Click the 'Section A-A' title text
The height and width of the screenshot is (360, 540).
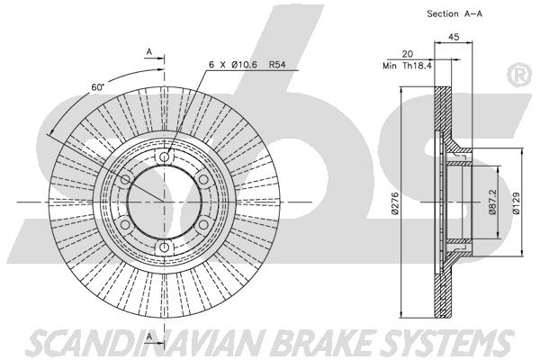point(454,13)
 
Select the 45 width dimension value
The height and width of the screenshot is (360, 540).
point(454,37)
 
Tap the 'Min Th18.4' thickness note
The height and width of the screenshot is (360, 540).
point(407,66)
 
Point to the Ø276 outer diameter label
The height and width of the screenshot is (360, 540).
point(395,203)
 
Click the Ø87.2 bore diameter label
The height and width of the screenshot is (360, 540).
point(492,202)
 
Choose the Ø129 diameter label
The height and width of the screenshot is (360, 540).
point(516,203)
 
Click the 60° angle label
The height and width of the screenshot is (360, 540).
point(98,87)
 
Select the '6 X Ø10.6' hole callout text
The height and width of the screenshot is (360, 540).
point(233,65)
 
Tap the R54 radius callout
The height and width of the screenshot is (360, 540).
point(277,65)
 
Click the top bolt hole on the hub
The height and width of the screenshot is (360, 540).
point(165,157)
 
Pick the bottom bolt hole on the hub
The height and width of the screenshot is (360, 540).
point(165,247)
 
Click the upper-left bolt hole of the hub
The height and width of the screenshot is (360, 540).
point(125,179)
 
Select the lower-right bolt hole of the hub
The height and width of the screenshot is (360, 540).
point(203,225)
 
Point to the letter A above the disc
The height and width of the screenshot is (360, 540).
point(149,52)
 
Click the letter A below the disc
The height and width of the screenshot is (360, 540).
point(149,336)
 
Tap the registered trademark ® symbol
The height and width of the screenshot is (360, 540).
point(519,75)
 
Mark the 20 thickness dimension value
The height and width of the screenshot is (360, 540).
point(407,54)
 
